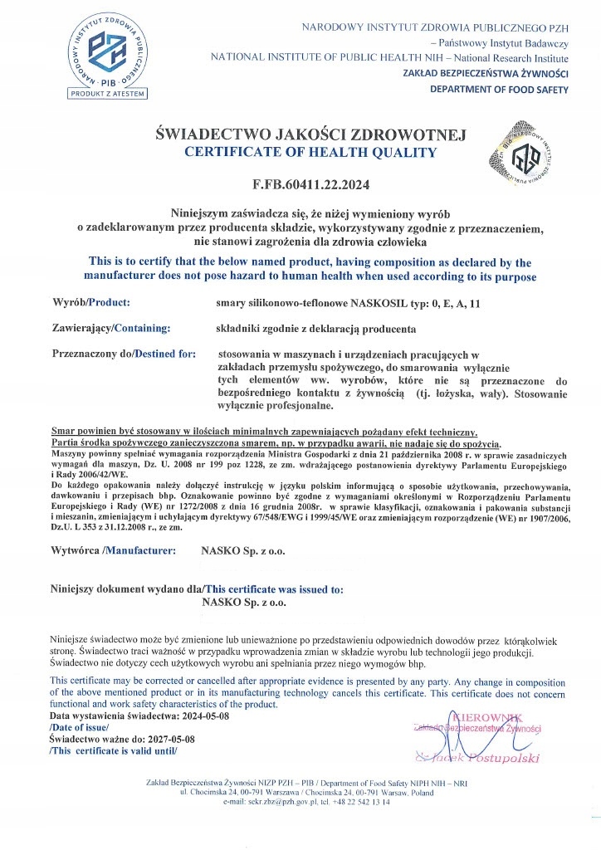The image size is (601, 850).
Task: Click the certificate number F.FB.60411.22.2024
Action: pos(300,184)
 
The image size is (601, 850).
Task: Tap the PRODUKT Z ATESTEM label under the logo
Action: pos(105,94)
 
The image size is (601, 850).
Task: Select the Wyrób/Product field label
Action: pos(90,304)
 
